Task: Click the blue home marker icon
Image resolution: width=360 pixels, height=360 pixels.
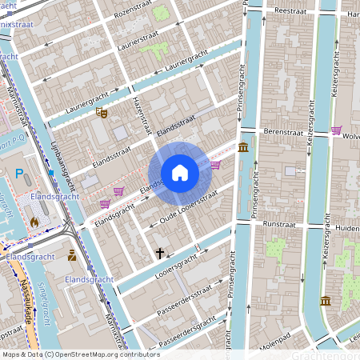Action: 180,173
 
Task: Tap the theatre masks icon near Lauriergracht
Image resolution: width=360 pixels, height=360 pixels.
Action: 101,114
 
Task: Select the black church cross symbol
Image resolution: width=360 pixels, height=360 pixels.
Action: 159,253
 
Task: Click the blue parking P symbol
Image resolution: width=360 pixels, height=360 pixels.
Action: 20,174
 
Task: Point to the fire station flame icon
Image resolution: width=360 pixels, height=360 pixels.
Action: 34,220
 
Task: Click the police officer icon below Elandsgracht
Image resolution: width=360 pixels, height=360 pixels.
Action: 73,256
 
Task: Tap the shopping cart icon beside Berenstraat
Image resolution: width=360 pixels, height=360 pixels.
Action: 336,130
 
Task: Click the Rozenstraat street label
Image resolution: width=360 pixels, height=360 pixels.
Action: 133,14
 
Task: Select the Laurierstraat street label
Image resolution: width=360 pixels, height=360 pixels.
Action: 143,38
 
